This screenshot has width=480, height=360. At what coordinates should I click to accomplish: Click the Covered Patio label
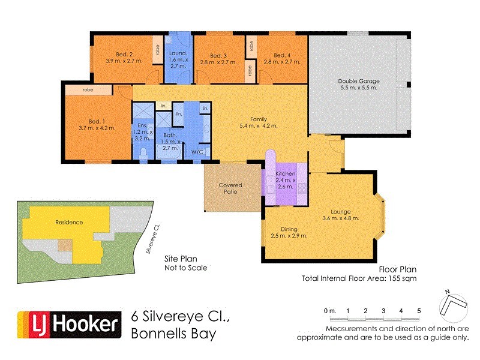[x=230, y=188]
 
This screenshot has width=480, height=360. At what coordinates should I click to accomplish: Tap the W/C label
[x=197, y=152]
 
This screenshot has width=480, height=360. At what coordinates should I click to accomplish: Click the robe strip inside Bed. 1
[x=88, y=90]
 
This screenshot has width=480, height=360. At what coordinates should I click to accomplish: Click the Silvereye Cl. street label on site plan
[x=152, y=239]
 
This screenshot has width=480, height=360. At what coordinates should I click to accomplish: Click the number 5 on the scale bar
[x=419, y=310]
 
